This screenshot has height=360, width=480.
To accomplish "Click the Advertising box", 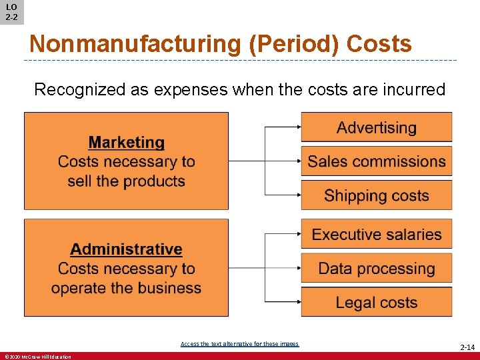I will [376, 127].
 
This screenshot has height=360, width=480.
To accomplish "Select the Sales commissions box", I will [376, 161].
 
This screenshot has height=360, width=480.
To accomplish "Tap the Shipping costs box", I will [376, 195].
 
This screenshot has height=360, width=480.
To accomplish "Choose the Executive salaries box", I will [376, 234].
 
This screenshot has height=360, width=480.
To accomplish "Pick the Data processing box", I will [376, 269].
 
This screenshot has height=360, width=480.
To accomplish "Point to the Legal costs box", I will [376, 302].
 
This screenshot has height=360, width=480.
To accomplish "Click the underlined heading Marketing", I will [126, 143].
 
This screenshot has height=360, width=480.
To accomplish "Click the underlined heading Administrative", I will [126, 249].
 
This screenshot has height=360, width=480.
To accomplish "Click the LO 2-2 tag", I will [11, 12].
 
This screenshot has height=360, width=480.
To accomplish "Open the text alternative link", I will [239, 344].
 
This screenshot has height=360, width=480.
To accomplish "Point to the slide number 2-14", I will [467, 347].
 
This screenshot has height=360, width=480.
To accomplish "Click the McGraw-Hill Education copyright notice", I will [37, 357].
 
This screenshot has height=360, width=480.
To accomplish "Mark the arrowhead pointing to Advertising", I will [298, 127].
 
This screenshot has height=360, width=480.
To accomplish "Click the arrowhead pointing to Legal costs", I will [298, 302].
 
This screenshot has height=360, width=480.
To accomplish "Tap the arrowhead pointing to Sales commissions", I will [298, 161].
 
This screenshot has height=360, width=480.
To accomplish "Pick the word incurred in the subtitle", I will [413, 89].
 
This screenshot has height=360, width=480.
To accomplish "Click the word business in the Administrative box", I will [169, 288].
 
